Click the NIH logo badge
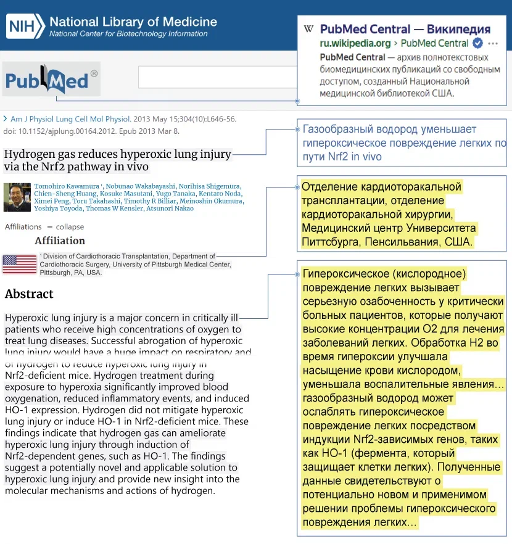coord(25,26)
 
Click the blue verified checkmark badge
coord(477,43)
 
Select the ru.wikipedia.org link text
coord(355,43)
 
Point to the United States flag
coord(20,264)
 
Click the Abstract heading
coord(29,294)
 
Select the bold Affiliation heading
coord(60,241)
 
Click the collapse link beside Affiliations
coord(70,227)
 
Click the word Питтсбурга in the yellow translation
coord(326,242)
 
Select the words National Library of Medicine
coord(133,22)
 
